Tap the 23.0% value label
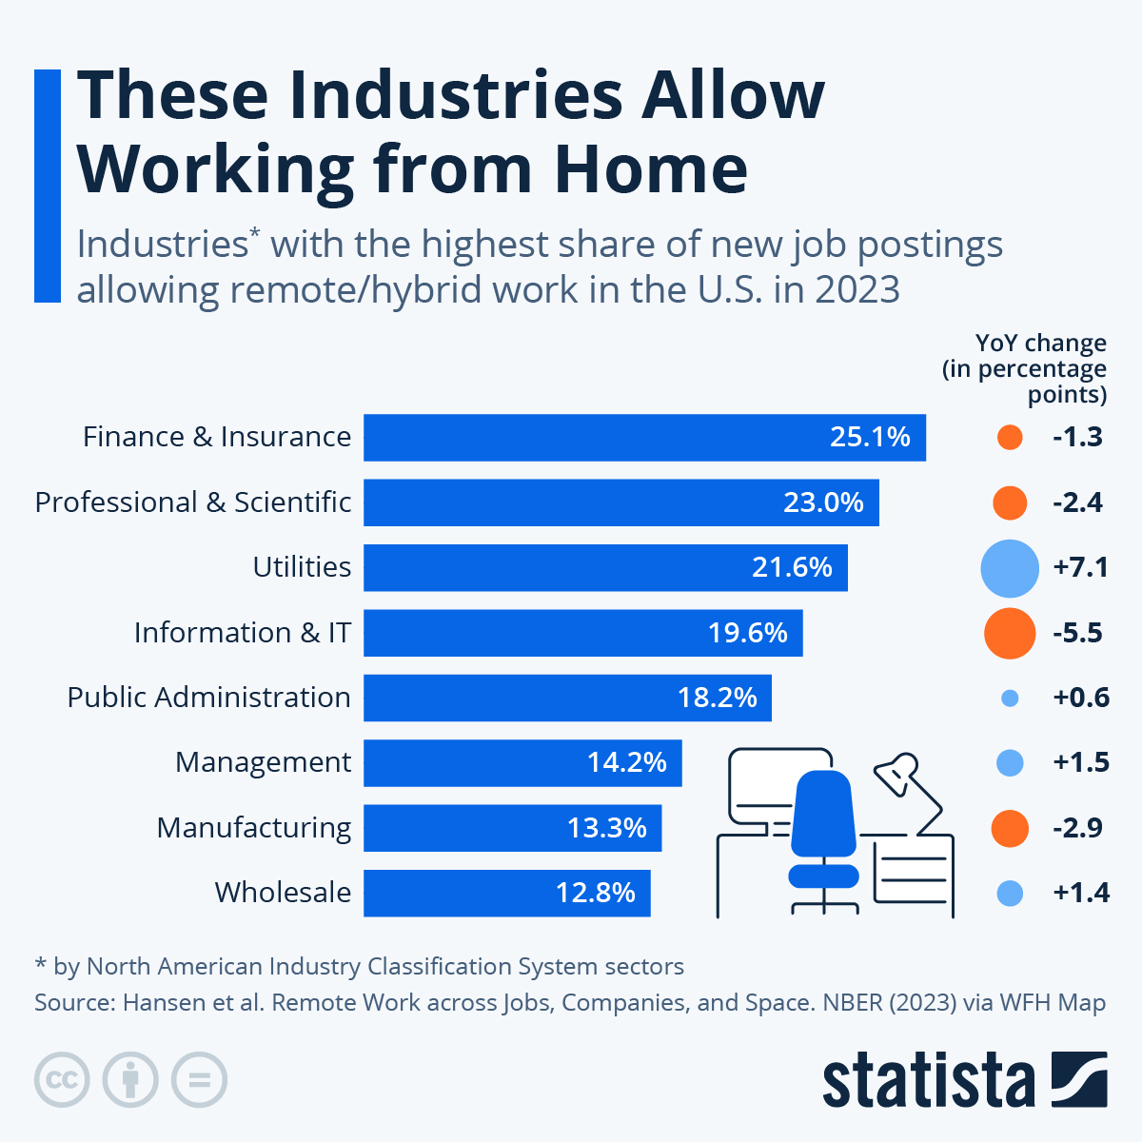(823, 502)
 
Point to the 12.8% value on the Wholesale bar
(596, 893)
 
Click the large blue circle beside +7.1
(1009, 568)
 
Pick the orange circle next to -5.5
(1009, 633)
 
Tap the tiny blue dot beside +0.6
(1010, 699)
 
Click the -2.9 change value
(1077, 828)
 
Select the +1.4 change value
(1081, 893)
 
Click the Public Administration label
(208, 698)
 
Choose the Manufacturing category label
(253, 828)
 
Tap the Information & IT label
(242, 633)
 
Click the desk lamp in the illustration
(899, 775)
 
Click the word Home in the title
(651, 169)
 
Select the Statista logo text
(928, 1080)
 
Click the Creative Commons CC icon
(62, 1080)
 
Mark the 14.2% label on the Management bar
(626, 763)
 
